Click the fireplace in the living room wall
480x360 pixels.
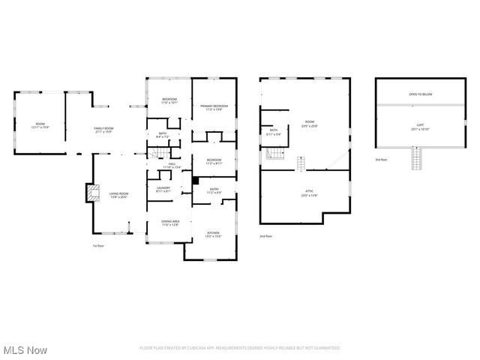(91, 194)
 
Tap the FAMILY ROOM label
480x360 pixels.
(103, 130)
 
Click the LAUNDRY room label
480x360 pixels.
(163, 189)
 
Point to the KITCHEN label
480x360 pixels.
(213, 234)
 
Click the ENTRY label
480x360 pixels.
(214, 190)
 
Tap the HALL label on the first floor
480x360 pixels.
(172, 165)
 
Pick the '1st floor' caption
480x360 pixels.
(97, 245)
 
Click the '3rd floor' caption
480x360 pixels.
(382, 160)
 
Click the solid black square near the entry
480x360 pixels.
(194, 180)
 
